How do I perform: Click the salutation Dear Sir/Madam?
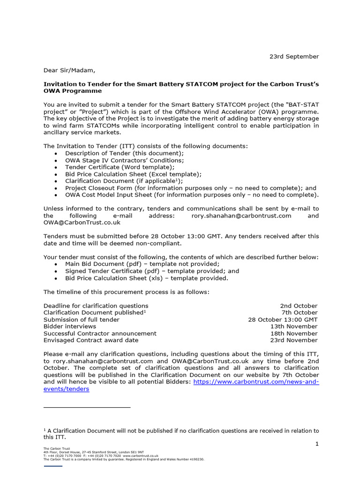point(69,70)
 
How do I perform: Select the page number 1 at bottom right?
point(317,444)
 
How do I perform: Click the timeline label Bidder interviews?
point(70,326)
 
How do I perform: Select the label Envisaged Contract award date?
point(91,340)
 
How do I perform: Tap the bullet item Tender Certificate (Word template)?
point(120,167)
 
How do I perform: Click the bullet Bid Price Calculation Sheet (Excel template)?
point(134,174)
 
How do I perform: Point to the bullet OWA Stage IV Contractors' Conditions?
point(125,160)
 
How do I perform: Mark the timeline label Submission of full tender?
point(82,319)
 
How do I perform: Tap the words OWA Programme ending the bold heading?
point(73,91)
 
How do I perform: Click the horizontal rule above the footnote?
point(87,407)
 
